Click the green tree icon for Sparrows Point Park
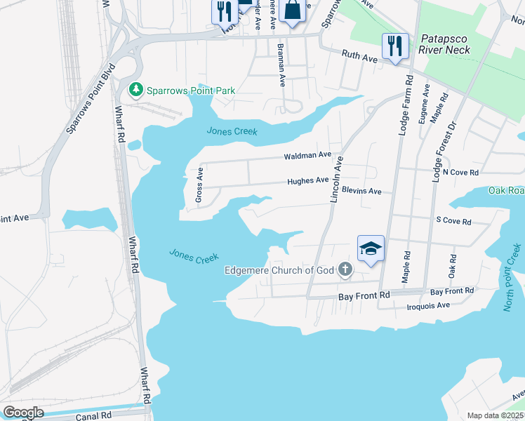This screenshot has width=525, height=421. point(136,90)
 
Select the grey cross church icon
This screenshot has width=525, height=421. point(345,269)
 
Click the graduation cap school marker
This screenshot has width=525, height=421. point(371,249)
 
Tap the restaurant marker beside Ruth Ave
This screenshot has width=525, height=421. point(394,47)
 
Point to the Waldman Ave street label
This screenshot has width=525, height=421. point(307,155)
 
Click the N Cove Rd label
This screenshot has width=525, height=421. point(460,172)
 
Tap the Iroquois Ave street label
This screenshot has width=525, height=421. point(428,305)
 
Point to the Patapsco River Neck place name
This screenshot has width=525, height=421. point(445,45)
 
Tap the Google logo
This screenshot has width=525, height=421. point(23,413)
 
